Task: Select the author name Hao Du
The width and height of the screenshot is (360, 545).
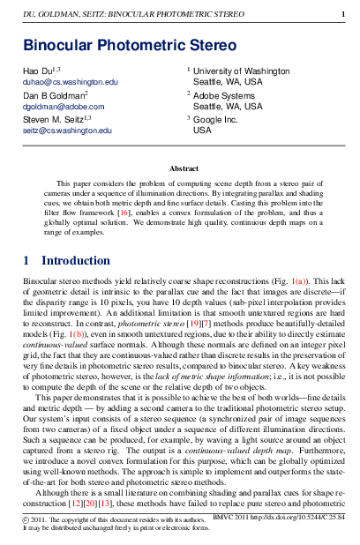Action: (38, 69)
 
